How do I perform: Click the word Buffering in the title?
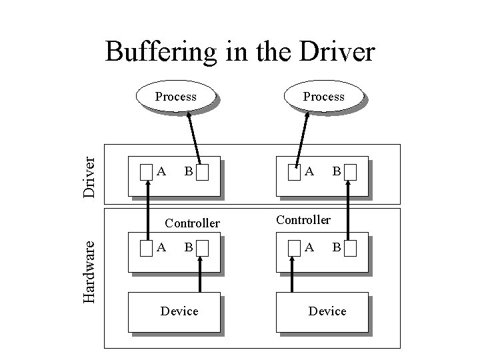[x=162, y=52]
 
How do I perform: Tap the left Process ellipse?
[x=176, y=97]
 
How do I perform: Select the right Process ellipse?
[x=324, y=97]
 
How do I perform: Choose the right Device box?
[x=327, y=311]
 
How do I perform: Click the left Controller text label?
[x=192, y=223]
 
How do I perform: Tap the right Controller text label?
[x=303, y=219]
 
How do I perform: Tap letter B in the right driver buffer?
[x=337, y=171]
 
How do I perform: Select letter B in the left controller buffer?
[x=189, y=247]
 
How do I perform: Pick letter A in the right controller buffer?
[x=309, y=247]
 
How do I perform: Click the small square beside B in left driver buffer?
[x=203, y=173]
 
